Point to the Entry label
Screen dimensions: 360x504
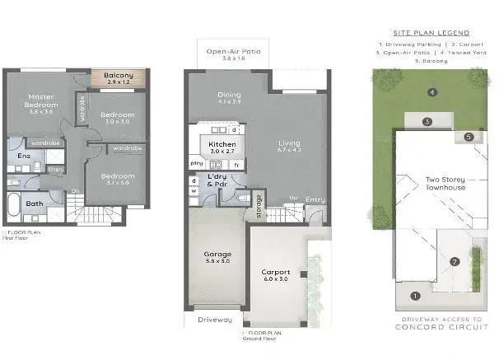pos(315,199)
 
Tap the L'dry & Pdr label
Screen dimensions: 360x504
pos(217,181)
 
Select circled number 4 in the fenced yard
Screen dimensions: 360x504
pos(432,91)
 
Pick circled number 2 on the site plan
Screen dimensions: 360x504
pos(455,262)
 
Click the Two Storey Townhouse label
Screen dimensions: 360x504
pos(445,183)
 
